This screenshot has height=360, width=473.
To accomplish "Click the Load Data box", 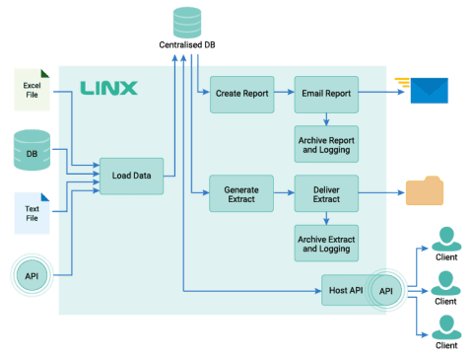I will pyautogui.click(x=131, y=176).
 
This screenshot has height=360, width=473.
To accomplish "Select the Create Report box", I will pyautogui.click(x=242, y=94).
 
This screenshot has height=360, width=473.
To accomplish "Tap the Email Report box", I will pyautogui.click(x=326, y=94).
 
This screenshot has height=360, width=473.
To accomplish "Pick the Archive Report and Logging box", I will pyautogui.click(x=326, y=143).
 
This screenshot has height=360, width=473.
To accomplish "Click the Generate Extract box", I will pyautogui.click(x=241, y=193).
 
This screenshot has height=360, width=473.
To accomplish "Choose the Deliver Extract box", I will pyautogui.click(x=326, y=193).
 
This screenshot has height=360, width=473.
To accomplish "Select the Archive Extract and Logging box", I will pyautogui.click(x=326, y=243).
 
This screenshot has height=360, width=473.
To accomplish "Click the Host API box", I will pyautogui.click(x=343, y=291).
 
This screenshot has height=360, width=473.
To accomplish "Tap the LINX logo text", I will pyautogui.click(x=108, y=89).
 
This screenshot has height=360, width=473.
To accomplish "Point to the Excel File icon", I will pyautogui.click(x=31, y=89).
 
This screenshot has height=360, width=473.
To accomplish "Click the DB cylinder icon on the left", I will pyautogui.click(x=31, y=150).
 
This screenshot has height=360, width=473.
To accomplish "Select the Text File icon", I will pyautogui.click(x=31, y=214).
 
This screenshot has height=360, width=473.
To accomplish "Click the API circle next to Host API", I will pyautogui.click(x=387, y=291).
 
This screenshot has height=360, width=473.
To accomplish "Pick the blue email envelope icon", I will pyautogui.click(x=427, y=91).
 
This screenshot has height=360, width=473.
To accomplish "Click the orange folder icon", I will pyautogui.click(x=426, y=189).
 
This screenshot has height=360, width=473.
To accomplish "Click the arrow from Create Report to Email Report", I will pyautogui.click(x=282, y=94).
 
